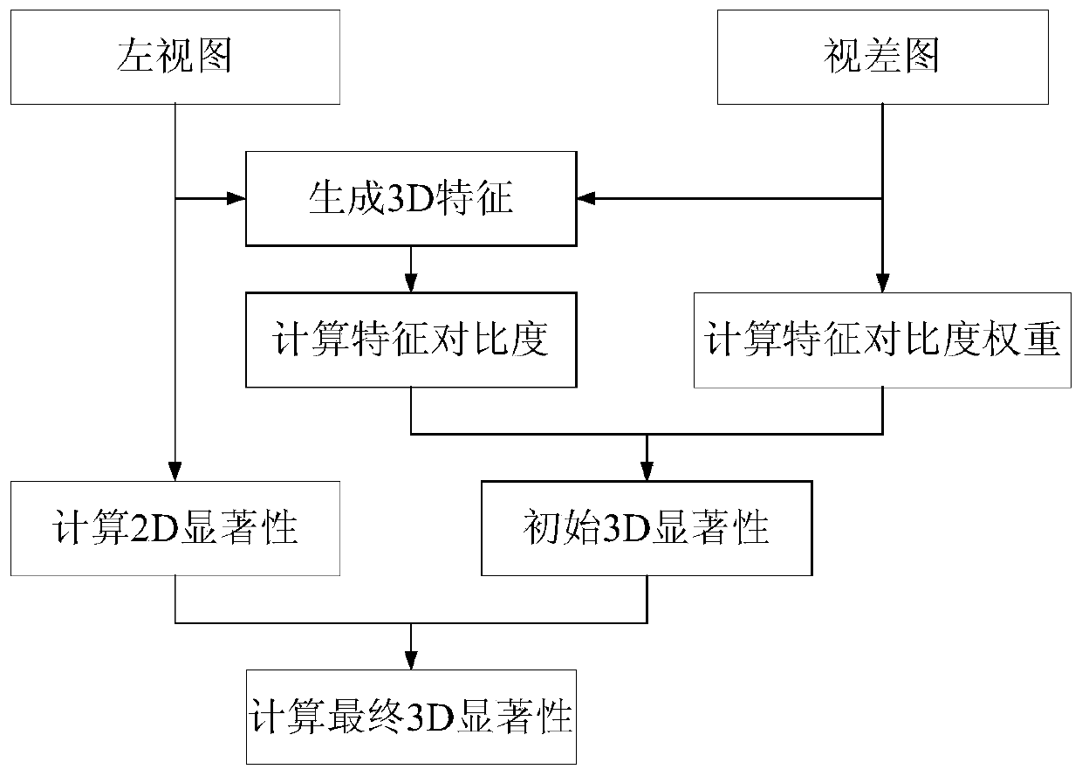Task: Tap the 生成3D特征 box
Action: click(411, 199)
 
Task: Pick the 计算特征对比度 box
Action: click(411, 340)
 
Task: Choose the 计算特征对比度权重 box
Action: click(882, 340)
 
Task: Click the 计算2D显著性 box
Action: click(175, 528)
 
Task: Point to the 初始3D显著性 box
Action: click(647, 528)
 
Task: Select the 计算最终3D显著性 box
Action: click(411, 717)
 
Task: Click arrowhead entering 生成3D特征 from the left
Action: click(236, 199)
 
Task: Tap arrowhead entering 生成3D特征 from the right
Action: click(586, 199)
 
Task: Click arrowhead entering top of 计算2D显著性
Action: click(175, 471)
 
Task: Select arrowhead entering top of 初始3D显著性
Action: click(647, 471)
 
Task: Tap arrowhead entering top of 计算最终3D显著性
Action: click(411, 660)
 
